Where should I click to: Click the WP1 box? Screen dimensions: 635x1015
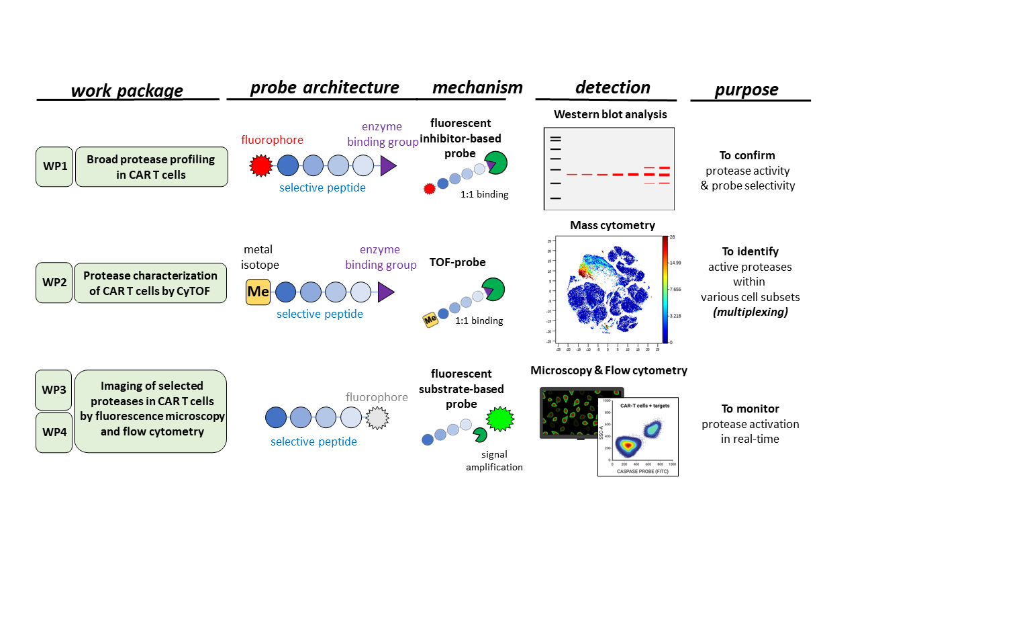[x=54, y=167]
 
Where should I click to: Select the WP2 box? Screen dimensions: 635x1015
[x=54, y=283]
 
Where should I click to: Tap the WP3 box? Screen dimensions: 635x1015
[x=54, y=390]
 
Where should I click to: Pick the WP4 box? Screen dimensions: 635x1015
[x=54, y=432]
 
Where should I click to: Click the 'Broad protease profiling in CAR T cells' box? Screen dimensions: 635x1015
[x=151, y=167]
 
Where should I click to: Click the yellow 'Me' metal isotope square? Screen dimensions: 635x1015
[x=258, y=292]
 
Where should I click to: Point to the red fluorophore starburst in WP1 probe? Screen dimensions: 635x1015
[x=260, y=165]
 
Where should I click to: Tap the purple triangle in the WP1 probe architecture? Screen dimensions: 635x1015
[x=387, y=165]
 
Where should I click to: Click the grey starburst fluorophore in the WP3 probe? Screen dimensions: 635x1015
[x=377, y=418]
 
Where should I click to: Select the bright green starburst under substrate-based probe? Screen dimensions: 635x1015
[x=499, y=419]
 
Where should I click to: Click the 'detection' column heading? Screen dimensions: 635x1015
[x=612, y=88]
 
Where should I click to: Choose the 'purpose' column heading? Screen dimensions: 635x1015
[x=746, y=89]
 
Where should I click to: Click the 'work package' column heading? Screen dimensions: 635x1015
[x=127, y=91]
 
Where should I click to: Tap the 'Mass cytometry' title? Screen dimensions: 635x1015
[x=612, y=225]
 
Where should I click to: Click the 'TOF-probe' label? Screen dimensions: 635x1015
[x=457, y=262]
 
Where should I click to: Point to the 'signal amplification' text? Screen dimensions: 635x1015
[x=494, y=461]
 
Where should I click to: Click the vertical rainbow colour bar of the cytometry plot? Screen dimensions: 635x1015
[x=665, y=289]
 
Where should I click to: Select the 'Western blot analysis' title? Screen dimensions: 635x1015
[x=610, y=114]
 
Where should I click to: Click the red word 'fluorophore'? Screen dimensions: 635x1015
[x=272, y=140]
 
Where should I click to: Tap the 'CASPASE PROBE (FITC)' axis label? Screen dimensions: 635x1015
[x=642, y=471]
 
